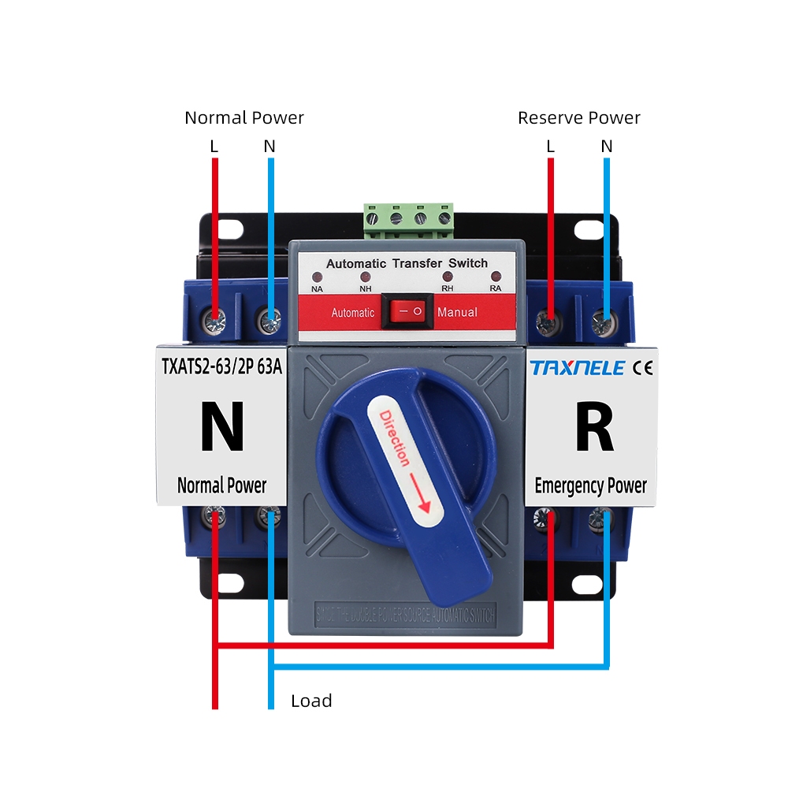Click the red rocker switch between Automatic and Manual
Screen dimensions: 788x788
(x=407, y=312)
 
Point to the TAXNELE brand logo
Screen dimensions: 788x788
(x=578, y=367)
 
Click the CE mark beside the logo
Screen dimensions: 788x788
(x=643, y=367)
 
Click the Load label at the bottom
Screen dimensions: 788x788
(x=311, y=701)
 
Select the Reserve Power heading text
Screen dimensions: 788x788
(x=578, y=118)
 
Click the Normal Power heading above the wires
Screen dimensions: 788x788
(x=244, y=118)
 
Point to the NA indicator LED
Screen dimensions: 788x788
(x=318, y=278)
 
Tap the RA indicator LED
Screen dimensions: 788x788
(x=496, y=277)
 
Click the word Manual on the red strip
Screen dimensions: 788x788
(x=457, y=312)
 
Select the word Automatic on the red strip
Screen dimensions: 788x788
(x=352, y=313)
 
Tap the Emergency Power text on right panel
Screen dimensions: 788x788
(x=590, y=485)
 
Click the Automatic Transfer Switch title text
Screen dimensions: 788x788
(x=407, y=263)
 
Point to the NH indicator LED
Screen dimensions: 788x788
(x=365, y=277)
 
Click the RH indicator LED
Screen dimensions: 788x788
(x=448, y=277)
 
